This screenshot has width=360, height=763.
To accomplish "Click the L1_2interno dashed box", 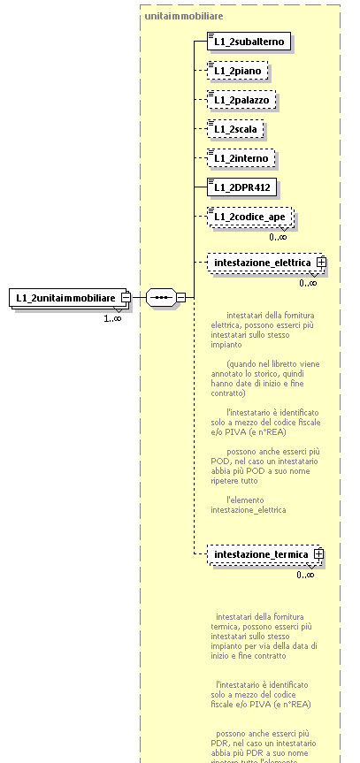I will pyautogui.click(x=240, y=158).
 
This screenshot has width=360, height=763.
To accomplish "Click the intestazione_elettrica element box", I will pyautogui.click(x=260, y=263).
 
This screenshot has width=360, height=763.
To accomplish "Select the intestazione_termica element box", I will pyautogui.click(x=257, y=554).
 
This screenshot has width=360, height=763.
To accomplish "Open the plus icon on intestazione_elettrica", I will pyautogui.click(x=322, y=263).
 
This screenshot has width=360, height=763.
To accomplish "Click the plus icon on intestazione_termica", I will pyautogui.click(x=318, y=554).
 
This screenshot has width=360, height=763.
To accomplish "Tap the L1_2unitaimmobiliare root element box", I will pyautogui.click(x=65, y=298).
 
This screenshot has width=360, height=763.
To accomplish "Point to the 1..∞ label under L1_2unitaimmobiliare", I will pyautogui.click(x=112, y=317).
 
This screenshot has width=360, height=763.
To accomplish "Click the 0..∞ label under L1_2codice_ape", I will pyautogui.click(x=278, y=237).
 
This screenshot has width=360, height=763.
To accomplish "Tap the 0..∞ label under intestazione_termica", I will pyautogui.click(x=306, y=575).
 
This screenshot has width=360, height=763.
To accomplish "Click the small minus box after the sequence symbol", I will pyautogui.click(x=180, y=298).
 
